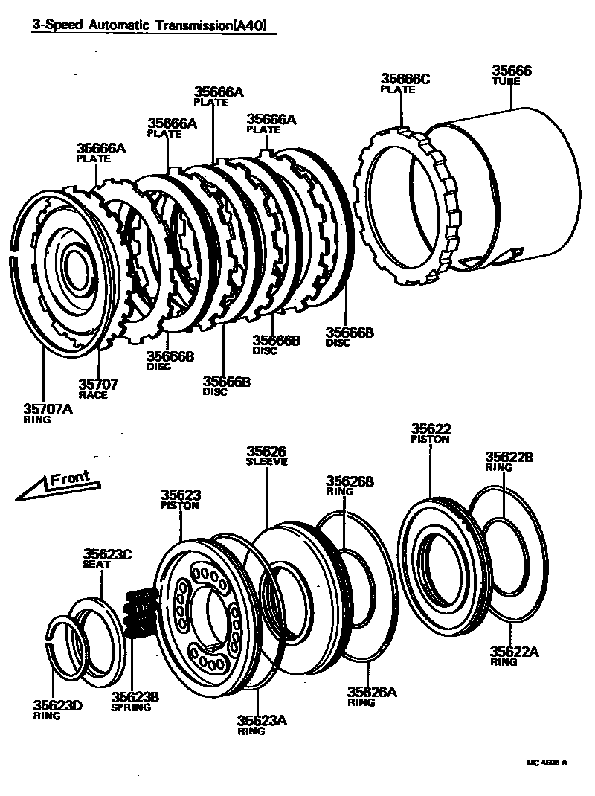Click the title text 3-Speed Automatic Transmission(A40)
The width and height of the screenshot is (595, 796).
click(x=149, y=25)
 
